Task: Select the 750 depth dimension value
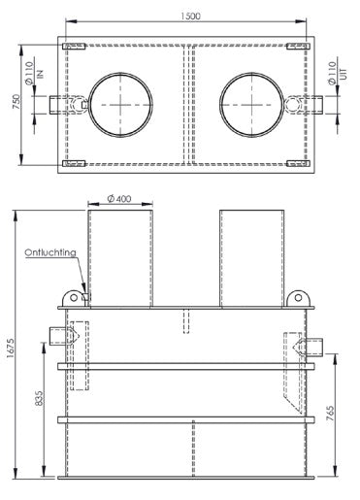pyautogui.click(x=15, y=104)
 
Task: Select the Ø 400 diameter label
pyautogui.click(x=120, y=198)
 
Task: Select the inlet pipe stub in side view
pyautogui.click(x=59, y=336)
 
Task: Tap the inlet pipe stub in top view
pyautogui.click(x=60, y=104)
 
